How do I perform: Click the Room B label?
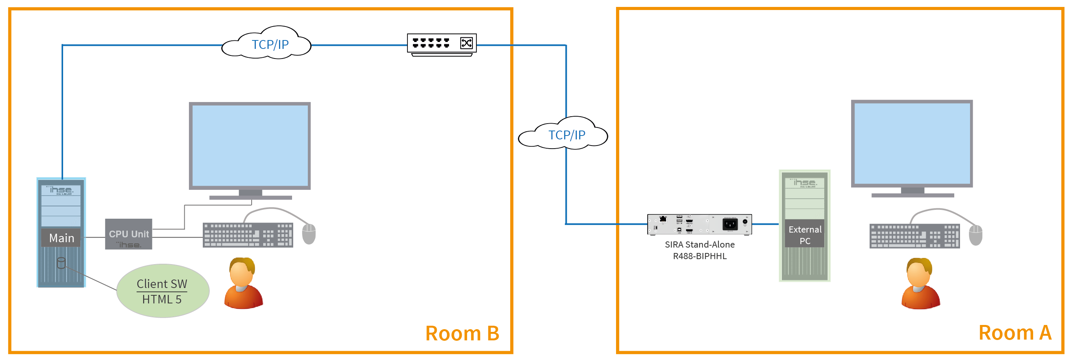pos(462,333)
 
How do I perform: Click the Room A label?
pos(1015,333)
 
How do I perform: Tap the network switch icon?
pos(441,44)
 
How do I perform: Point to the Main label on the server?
pos(62,238)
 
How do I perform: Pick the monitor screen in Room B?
pos(250,146)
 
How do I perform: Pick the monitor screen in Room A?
pos(912,144)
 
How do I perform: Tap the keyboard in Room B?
pos(248,235)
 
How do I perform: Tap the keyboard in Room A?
pos(915,236)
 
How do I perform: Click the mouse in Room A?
pos(975,235)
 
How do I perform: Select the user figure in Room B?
pos(244,284)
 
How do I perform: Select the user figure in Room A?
pos(920,284)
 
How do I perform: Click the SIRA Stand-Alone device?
pos(699,225)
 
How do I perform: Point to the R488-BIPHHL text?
pos(700,256)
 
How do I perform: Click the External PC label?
pos(805,235)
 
